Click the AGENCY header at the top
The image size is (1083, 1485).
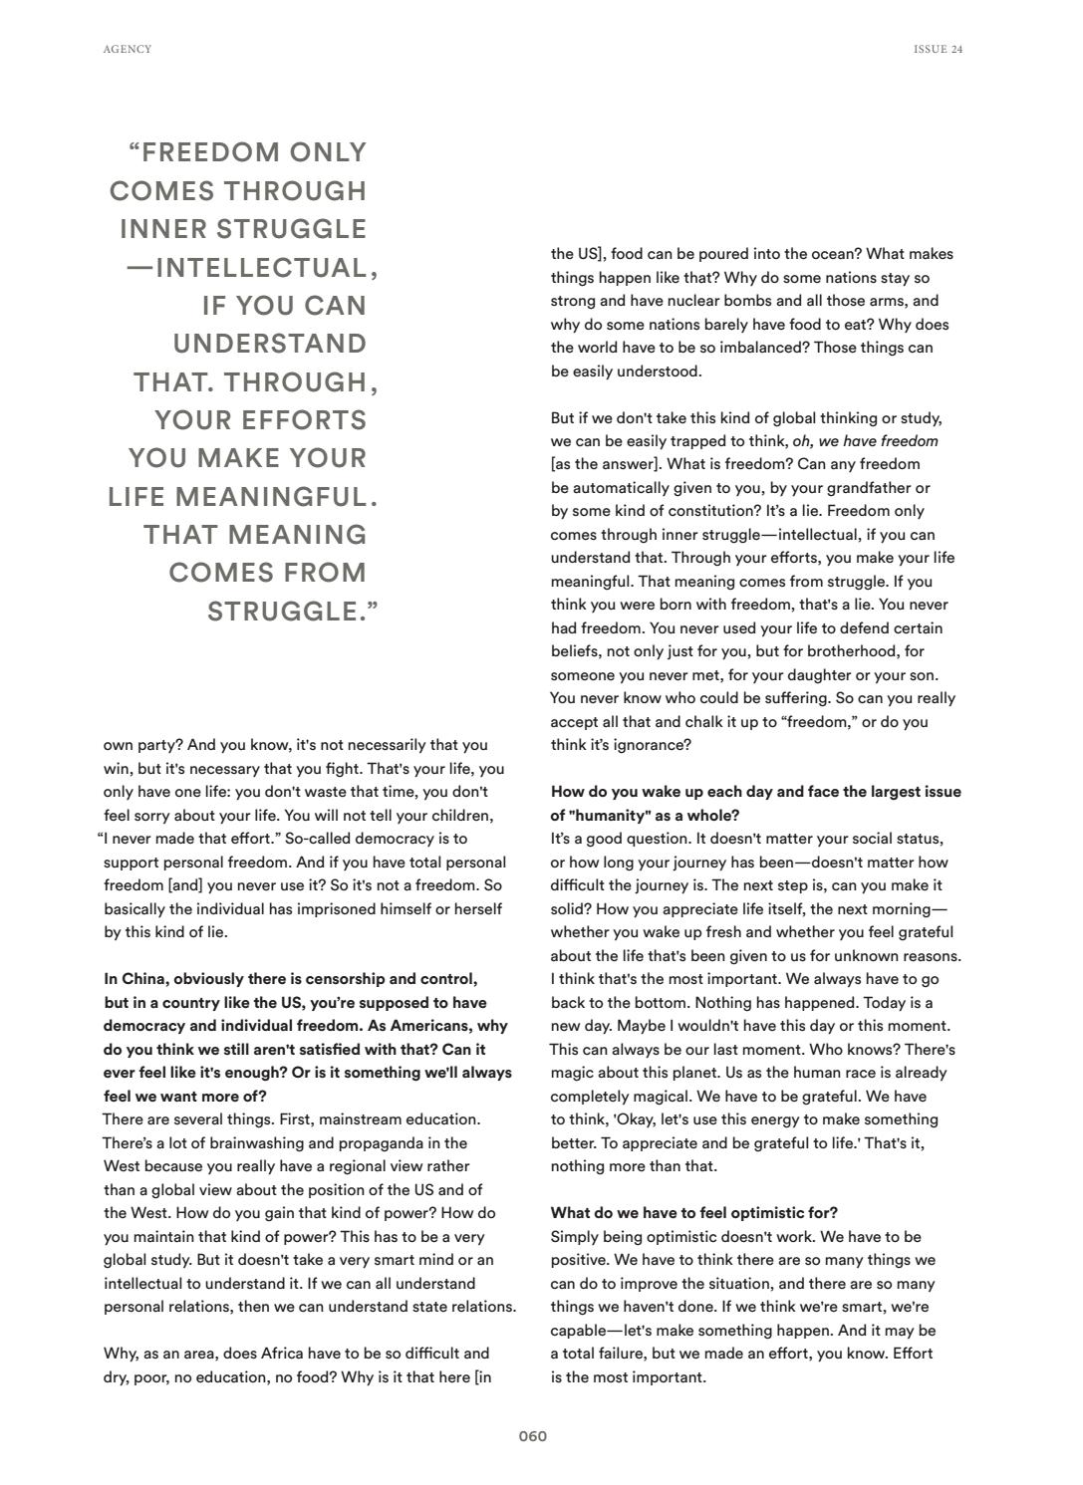pos(128,49)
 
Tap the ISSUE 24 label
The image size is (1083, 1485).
pos(938,49)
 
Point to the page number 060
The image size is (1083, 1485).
pos(533,1436)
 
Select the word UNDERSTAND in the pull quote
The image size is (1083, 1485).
pos(270,344)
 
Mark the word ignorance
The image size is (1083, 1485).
pos(647,745)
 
